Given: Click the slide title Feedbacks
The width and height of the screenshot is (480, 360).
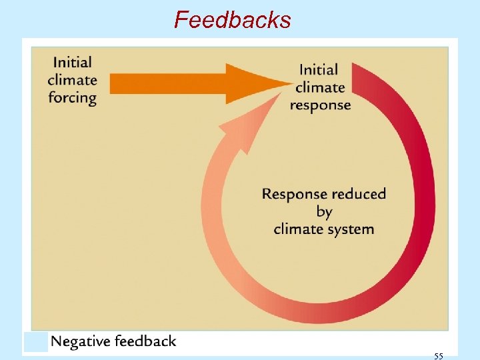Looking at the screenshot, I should (x=232, y=20).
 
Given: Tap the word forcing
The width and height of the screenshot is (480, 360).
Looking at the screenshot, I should (x=72, y=97).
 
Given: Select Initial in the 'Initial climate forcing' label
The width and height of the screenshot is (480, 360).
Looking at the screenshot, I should (x=72, y=63).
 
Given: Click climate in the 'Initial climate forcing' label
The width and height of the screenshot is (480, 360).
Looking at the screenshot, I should (x=72, y=80).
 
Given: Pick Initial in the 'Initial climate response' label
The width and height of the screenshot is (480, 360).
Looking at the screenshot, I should (x=319, y=69).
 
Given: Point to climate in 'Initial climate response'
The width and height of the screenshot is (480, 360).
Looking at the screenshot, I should (x=320, y=87).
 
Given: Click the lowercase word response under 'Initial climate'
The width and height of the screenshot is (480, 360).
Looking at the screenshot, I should (x=320, y=105).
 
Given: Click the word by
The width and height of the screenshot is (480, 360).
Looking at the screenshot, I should (x=324, y=213).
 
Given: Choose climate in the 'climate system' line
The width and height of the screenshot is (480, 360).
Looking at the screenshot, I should (x=297, y=229).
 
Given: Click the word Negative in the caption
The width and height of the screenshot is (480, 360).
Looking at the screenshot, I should (x=80, y=341).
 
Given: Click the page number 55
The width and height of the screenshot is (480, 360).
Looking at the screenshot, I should (x=438, y=356).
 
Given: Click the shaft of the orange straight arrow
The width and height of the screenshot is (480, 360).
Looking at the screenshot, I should (x=167, y=83).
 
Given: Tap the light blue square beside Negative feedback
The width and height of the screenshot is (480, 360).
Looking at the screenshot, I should (x=36, y=342).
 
